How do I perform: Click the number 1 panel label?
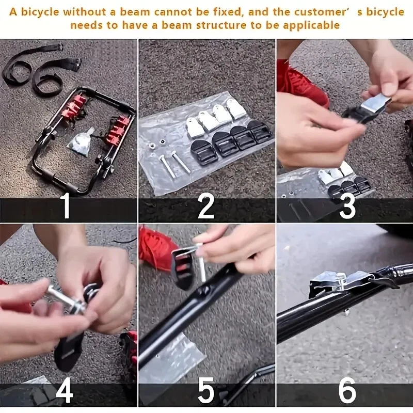pyautogui.click(x=66, y=206)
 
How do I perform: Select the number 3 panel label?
pyautogui.click(x=347, y=206)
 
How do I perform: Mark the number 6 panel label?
pyautogui.click(x=346, y=391)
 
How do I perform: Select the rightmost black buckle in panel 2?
pyautogui.click(x=260, y=132)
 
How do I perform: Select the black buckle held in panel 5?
pyautogui.click(x=183, y=266)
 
